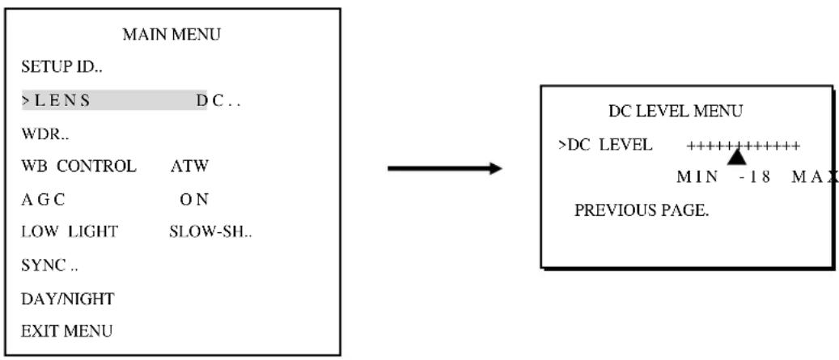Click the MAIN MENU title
[x=172, y=36]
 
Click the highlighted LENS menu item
[x=56, y=100]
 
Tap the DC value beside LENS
[x=218, y=100]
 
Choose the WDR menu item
[x=45, y=133]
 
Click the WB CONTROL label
[x=78, y=167]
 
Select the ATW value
[x=189, y=167]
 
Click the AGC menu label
[x=43, y=200]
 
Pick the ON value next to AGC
[x=193, y=200]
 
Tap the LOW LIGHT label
[x=69, y=232]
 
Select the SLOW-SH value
[x=210, y=232]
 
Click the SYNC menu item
[x=49, y=265]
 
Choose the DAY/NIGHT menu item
[x=68, y=299]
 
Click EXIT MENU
[x=67, y=331]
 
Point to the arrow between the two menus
[x=445, y=169]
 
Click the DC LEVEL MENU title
[x=676, y=112]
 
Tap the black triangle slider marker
[x=737, y=157]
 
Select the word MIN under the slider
[x=697, y=178]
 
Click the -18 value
[x=755, y=178]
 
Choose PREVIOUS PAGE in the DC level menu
[x=642, y=211]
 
